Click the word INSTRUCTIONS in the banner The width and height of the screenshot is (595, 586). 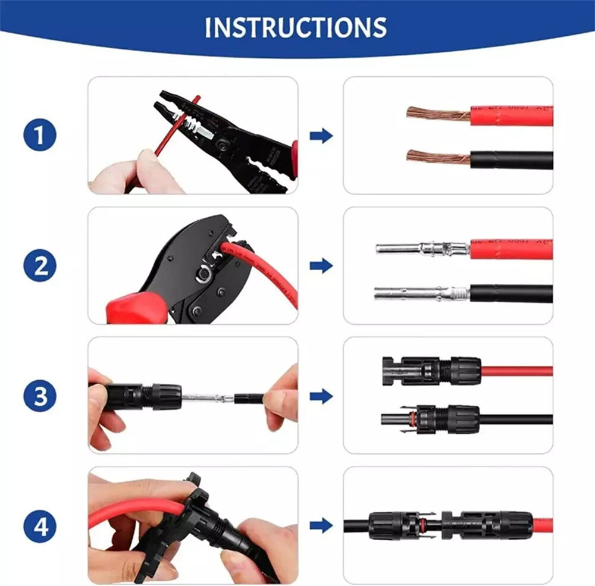296,28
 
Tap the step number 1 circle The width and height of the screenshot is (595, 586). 40,136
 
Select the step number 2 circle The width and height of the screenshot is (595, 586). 40,265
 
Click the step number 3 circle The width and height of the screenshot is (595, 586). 40,397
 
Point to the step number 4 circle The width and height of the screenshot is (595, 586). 40,527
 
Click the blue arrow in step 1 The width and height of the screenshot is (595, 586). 321,136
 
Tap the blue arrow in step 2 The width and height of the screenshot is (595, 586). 321,265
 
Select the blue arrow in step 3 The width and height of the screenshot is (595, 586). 321,396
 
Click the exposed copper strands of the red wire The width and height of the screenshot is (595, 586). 438,112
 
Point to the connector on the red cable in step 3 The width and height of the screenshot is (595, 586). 432,371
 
